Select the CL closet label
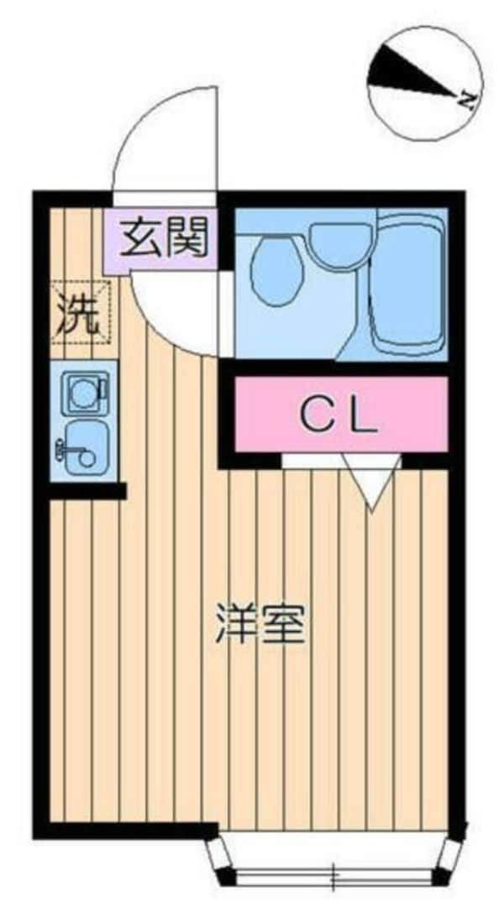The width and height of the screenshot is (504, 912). click(339, 414)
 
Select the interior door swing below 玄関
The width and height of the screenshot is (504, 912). click(172, 310)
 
